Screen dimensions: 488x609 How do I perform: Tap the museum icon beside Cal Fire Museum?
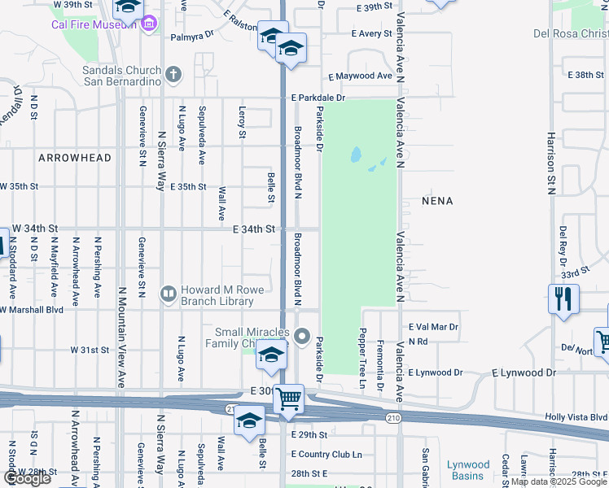coord(147,24)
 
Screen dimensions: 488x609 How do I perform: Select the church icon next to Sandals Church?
coord(172,76)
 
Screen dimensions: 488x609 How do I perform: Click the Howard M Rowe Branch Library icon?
coord(169,293)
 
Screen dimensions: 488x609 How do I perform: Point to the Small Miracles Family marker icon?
coord(302,335)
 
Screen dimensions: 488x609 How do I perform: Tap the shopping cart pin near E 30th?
coord(288,399)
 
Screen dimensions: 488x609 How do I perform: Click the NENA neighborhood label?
coord(437,200)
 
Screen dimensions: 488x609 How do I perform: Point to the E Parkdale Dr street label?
coord(318,98)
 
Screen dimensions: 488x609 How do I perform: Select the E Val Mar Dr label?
coord(434,327)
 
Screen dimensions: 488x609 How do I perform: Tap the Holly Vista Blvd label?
coord(576,417)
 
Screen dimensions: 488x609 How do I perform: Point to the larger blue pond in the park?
coord(356,155)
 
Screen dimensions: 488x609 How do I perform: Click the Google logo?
coord(27,478)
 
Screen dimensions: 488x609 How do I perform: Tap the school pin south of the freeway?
coord(249,421)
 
